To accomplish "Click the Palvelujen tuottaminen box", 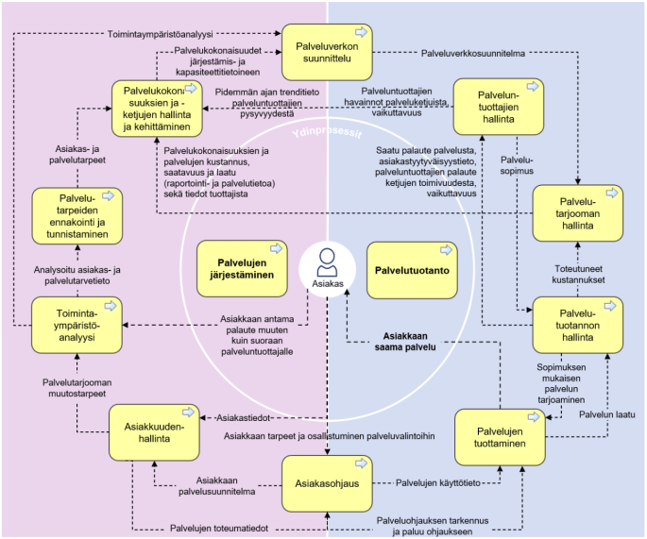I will pos(499,438).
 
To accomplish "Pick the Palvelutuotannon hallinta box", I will pos(577,326).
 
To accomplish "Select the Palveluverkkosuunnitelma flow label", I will pos(471,54).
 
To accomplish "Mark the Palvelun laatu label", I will pos(605,414).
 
